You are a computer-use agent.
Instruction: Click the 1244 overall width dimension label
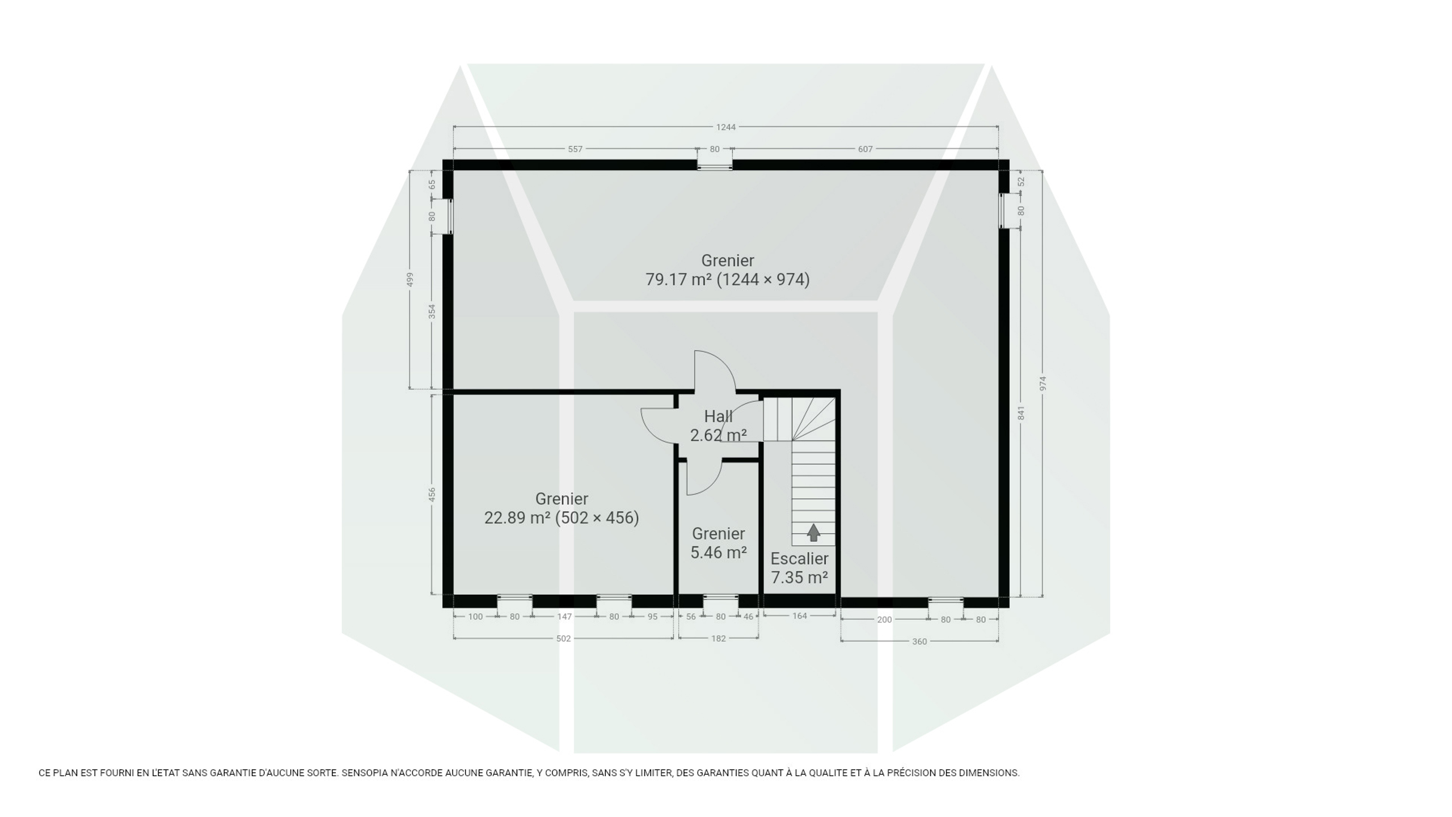[725, 127]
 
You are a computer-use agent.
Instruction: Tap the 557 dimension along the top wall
[575, 149]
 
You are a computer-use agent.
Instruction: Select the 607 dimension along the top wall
[865, 149]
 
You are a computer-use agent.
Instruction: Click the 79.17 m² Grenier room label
[727, 270]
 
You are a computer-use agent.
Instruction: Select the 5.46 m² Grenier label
[718, 543]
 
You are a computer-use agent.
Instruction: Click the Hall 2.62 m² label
[718, 426]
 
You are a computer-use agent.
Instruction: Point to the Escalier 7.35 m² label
[799, 568]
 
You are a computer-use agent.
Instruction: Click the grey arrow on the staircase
[813, 532]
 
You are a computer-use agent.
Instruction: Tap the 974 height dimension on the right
[1042, 383]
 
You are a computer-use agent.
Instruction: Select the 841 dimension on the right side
[1021, 413]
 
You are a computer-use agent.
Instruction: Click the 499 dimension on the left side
[410, 280]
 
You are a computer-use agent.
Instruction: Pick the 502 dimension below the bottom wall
[563, 639]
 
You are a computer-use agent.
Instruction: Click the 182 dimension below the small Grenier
[719, 639]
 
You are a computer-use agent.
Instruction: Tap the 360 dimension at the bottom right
[919, 642]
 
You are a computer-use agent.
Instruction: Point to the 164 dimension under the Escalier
[799, 616]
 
